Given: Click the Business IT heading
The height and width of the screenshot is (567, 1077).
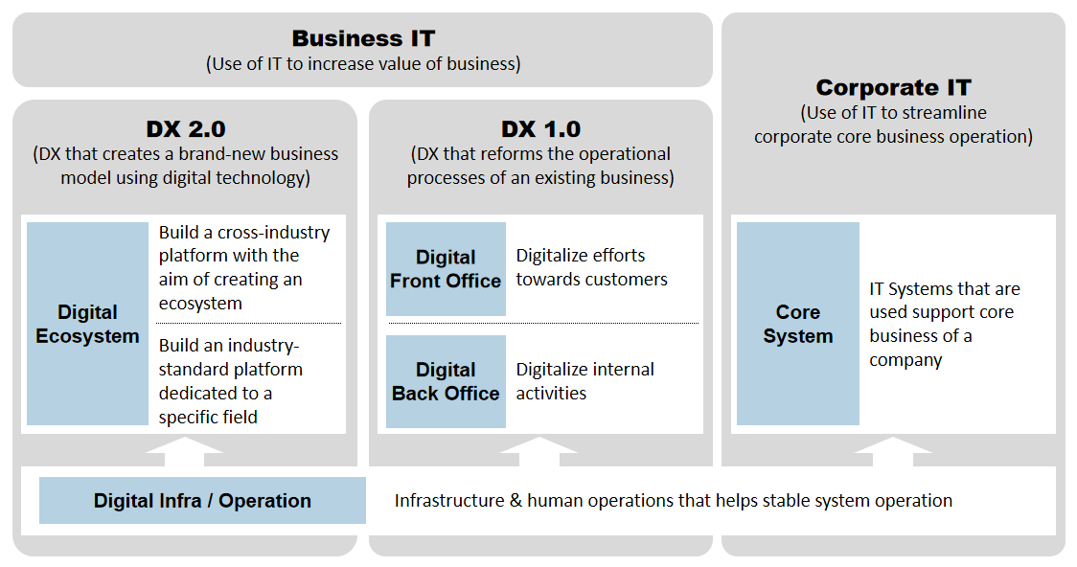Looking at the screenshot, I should (363, 38).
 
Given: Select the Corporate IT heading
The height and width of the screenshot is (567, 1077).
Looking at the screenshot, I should (893, 88).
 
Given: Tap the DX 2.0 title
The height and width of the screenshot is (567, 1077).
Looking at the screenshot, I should (186, 129).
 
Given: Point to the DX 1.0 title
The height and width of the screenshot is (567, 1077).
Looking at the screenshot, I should (540, 129).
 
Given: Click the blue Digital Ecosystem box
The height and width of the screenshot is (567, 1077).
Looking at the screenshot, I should (87, 324).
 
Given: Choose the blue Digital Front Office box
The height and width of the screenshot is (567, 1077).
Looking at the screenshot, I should (446, 269).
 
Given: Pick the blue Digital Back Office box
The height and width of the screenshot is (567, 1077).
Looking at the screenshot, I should (446, 381).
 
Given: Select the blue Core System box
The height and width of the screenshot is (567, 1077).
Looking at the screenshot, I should (797, 324).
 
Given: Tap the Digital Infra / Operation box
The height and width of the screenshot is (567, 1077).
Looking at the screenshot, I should (202, 501).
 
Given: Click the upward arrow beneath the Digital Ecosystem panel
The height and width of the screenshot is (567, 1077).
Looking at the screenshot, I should (185, 450).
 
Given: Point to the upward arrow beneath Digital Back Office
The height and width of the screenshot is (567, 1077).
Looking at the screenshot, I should (539, 450).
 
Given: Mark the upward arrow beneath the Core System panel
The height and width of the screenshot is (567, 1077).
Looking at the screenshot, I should (893, 450).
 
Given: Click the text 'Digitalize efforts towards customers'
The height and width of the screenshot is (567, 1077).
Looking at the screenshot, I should (591, 267).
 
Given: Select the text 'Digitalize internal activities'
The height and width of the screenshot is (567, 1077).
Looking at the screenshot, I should (584, 380).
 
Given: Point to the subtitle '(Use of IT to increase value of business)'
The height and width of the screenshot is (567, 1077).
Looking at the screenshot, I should (363, 65).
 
